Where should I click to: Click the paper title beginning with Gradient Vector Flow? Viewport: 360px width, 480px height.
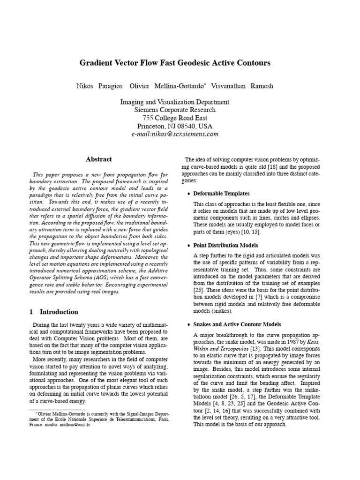click(x=174, y=62)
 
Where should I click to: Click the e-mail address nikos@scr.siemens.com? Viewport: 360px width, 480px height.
click(x=175, y=134)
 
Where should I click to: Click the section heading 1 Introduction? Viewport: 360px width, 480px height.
click(x=53, y=312)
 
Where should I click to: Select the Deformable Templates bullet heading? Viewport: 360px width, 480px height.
click(x=221, y=194)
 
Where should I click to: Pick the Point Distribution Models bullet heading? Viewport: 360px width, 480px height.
click(x=226, y=245)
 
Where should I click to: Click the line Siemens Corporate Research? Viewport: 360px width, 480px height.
click(x=174, y=110)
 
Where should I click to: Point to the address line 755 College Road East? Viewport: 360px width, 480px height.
click(x=174, y=118)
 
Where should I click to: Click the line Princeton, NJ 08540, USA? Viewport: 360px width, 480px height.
click(x=174, y=126)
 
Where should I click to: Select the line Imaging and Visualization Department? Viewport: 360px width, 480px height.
click(x=174, y=102)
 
